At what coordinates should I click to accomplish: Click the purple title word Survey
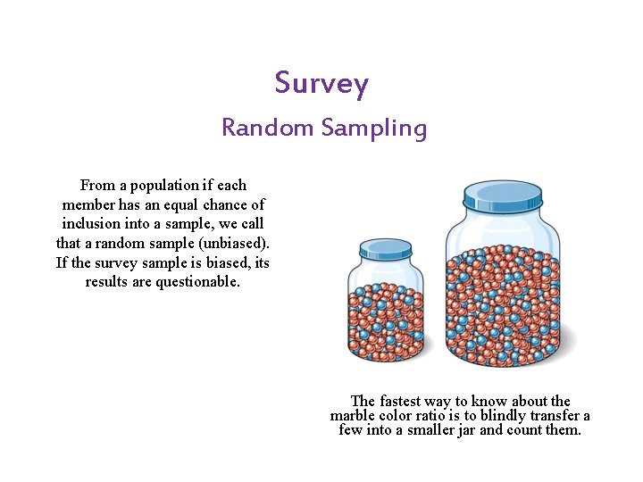(x=321, y=84)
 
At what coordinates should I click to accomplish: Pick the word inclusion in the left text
(x=93, y=224)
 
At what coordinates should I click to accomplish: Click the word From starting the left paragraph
(x=97, y=186)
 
